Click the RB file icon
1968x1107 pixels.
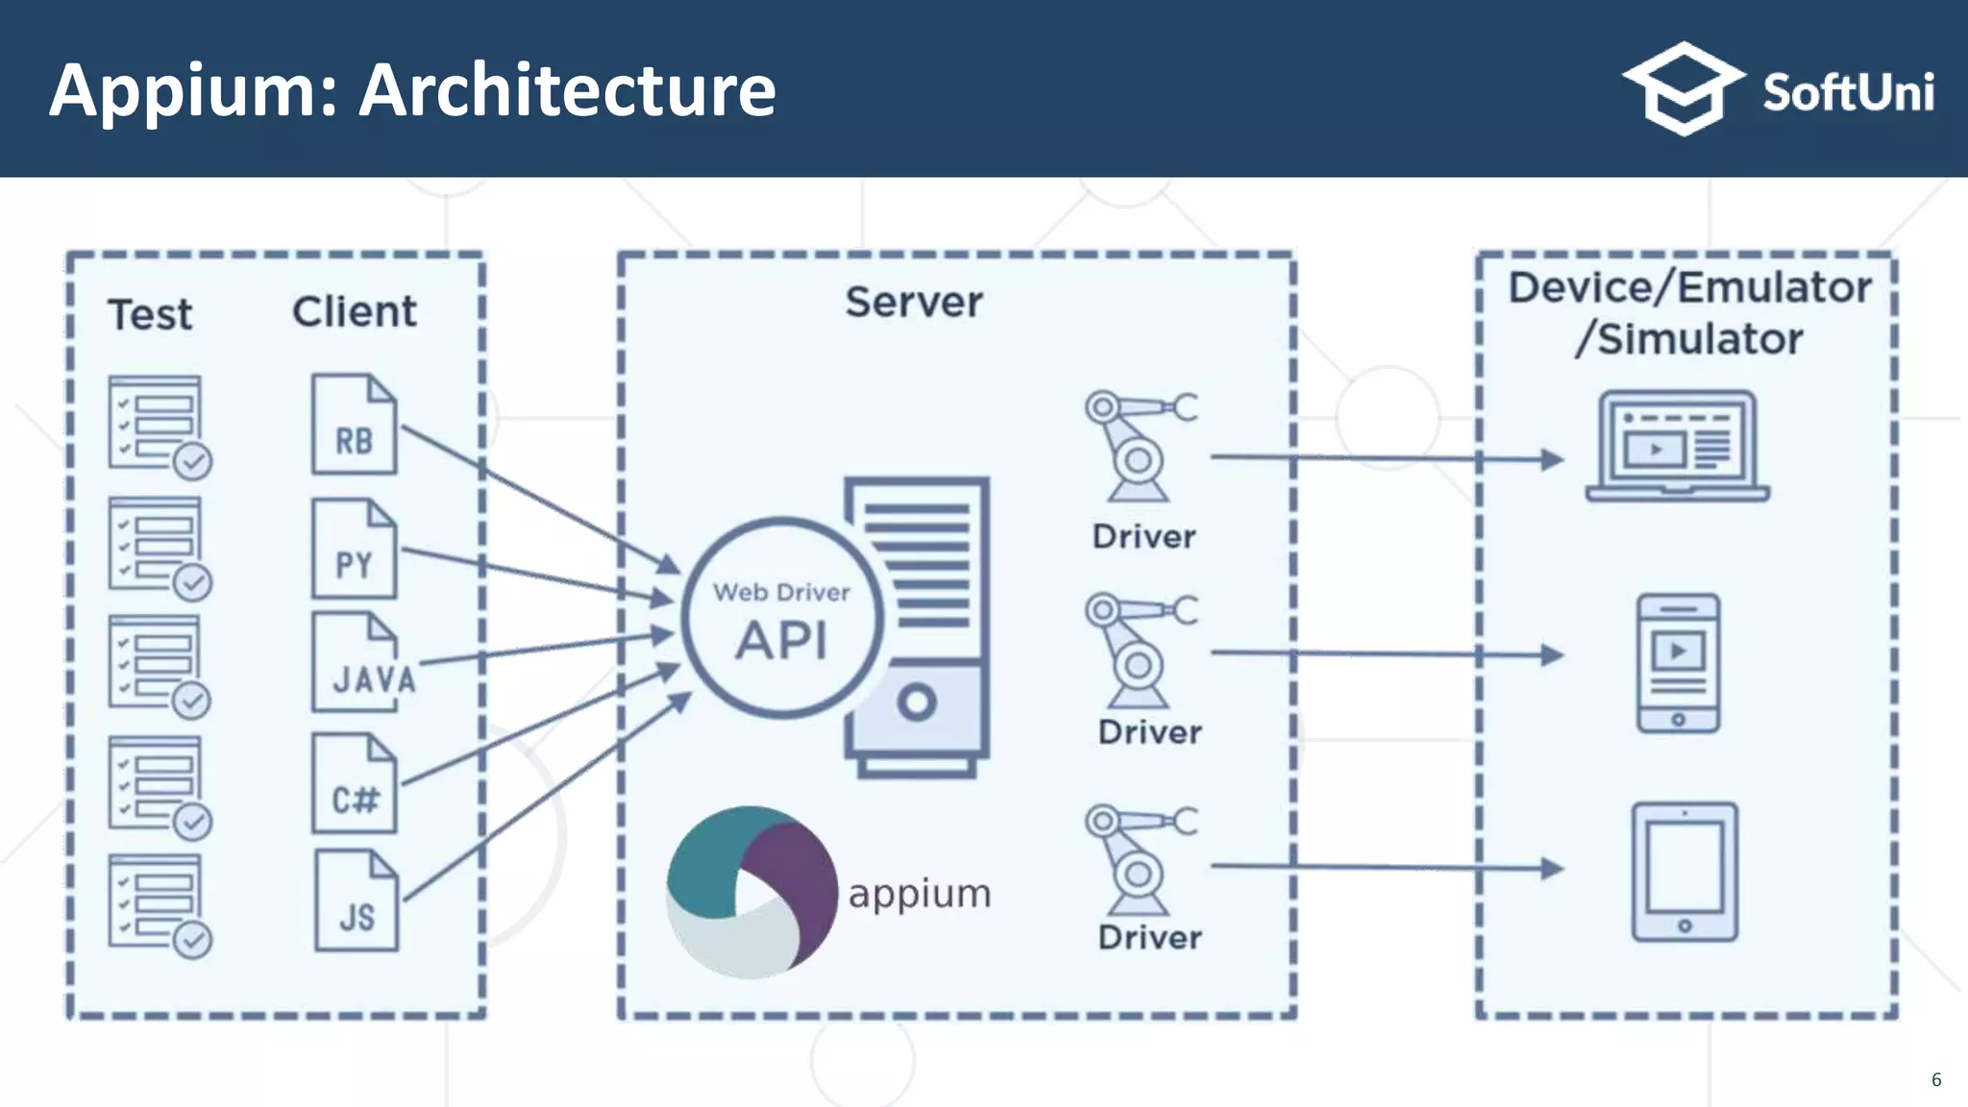(354, 425)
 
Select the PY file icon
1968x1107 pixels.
(354, 549)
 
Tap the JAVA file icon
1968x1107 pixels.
(357, 663)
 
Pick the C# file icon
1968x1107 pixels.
(354, 783)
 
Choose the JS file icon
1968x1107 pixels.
(357, 901)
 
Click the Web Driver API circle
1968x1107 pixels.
(781, 619)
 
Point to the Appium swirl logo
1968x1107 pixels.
(750, 892)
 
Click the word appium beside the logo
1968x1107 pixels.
(919, 894)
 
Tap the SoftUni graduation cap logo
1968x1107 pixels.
(1683, 88)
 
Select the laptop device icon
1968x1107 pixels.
(1677, 447)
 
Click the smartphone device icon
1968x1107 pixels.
(1678, 663)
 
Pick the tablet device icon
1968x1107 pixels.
(1685, 872)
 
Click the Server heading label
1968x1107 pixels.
(913, 303)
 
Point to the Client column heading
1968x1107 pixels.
(355, 311)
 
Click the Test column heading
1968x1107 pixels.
(150, 315)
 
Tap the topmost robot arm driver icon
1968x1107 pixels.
(1139, 445)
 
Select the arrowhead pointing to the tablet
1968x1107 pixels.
(1551, 869)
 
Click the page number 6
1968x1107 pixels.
(1935, 1079)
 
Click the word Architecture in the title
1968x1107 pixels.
(567, 90)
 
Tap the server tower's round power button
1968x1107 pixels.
(917, 702)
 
